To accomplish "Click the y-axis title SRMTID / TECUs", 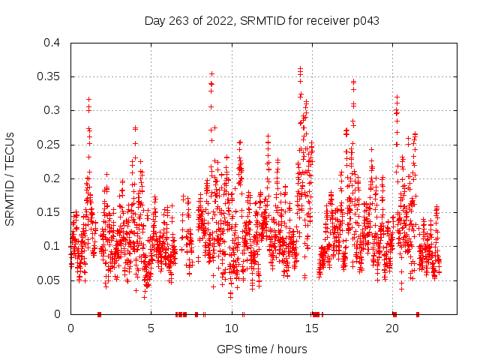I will pyautogui.click(x=10, y=178).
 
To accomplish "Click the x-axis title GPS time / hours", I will pyautogui.click(x=262, y=349).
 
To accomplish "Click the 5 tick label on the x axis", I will pyautogui.click(x=151, y=328).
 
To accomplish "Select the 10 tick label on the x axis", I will pyautogui.click(x=232, y=328).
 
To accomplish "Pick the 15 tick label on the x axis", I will pyautogui.click(x=312, y=328).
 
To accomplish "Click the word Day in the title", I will pyautogui.click(x=154, y=21).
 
